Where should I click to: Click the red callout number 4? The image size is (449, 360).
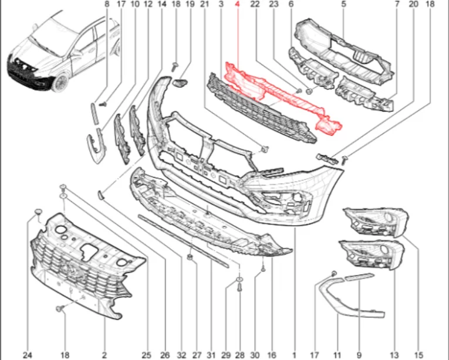[x=237, y=4]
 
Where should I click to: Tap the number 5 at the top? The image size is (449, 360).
[x=343, y=4]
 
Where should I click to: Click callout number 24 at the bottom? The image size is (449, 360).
[x=28, y=355]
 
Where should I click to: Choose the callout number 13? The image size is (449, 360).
[x=394, y=355]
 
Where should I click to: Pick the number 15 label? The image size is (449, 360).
[x=420, y=355]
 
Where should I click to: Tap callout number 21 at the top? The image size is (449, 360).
[x=204, y=4]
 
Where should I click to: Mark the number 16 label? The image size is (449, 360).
[x=271, y=355]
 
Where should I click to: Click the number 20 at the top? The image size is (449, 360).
[x=413, y=4]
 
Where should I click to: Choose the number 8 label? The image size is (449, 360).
[x=107, y=4]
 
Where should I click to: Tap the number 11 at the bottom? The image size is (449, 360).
[x=337, y=355]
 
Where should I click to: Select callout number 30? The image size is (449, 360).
[x=254, y=355]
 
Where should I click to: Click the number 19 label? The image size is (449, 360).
[x=190, y=4]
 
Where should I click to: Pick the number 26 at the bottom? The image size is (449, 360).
[x=164, y=355]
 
